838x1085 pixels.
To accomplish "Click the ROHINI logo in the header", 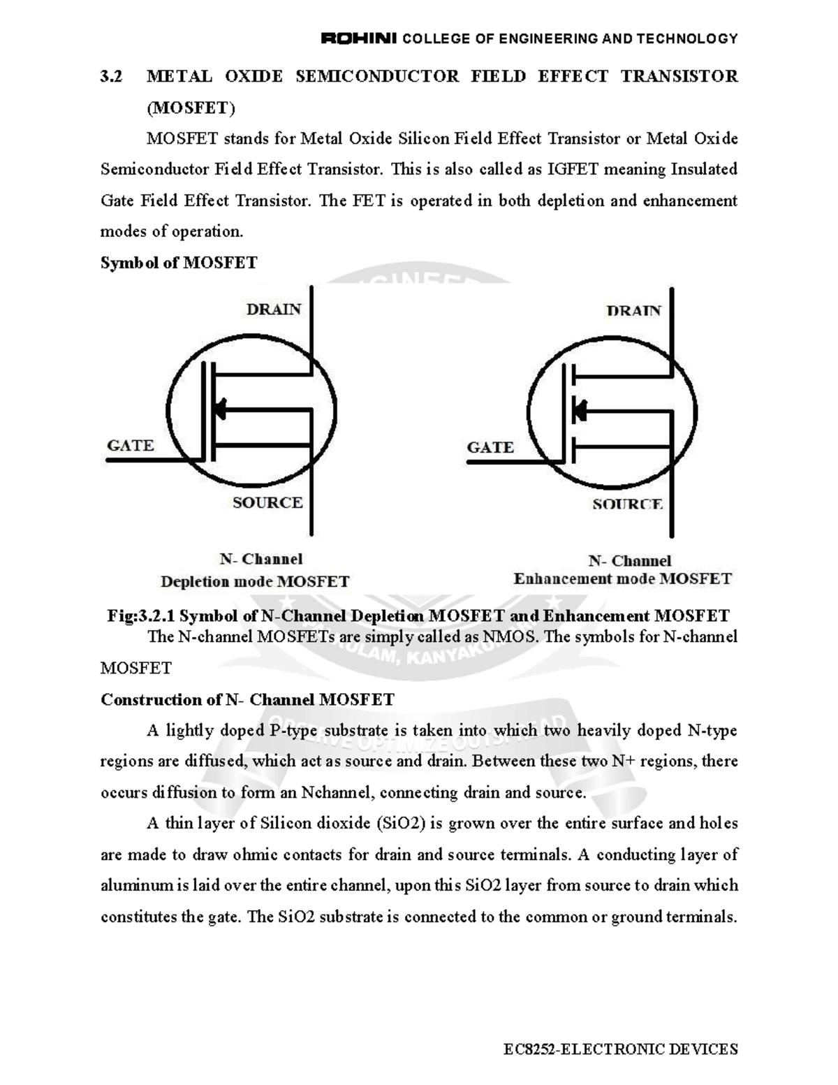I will [358, 38].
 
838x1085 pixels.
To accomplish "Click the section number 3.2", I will [111, 76].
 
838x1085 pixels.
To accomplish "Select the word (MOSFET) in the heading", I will [191, 108].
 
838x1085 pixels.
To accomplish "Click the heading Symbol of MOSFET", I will [179, 263].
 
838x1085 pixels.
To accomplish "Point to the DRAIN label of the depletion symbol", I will [274, 309].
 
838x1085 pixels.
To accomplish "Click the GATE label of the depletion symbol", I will [131, 445].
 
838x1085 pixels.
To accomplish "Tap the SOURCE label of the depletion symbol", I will [267, 502].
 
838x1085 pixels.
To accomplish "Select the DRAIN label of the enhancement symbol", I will [633, 311].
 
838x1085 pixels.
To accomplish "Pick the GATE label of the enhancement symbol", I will [490, 447].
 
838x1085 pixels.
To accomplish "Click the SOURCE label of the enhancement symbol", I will [627, 504].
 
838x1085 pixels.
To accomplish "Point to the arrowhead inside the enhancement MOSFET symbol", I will [579, 410].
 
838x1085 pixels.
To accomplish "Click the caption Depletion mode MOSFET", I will [255, 581].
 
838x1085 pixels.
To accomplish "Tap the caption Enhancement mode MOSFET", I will [622, 578].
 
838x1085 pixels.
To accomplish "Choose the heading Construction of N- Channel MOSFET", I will [247, 699].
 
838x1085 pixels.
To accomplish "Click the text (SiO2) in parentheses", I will [401, 823].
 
